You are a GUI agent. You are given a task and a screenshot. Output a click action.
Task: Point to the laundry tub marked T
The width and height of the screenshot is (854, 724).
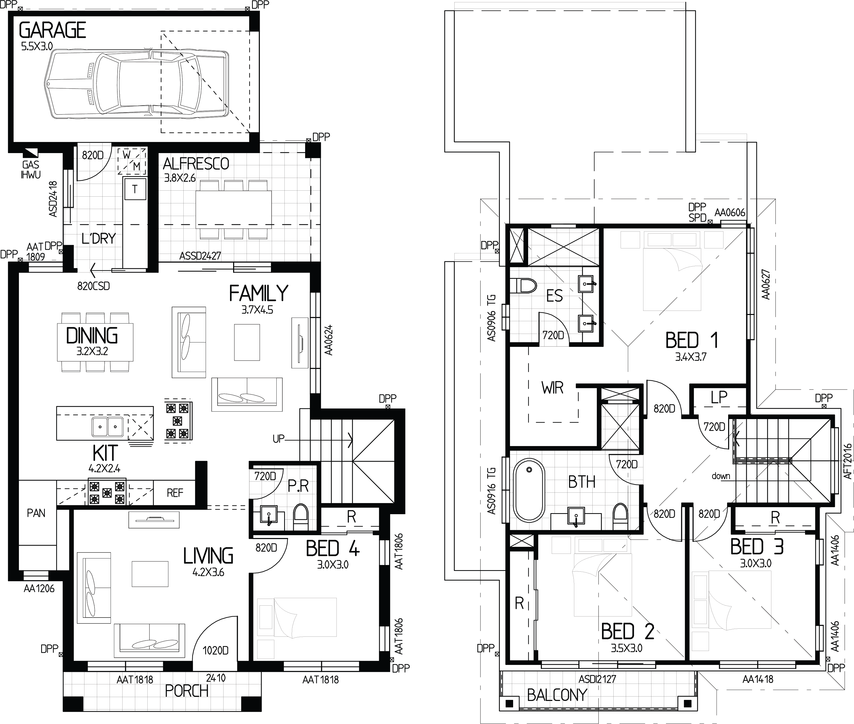pos(135,189)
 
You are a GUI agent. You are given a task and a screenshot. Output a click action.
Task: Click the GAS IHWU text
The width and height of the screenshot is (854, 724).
pos(31,169)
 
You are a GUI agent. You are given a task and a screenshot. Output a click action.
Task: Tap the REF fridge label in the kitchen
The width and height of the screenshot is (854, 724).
pos(175,492)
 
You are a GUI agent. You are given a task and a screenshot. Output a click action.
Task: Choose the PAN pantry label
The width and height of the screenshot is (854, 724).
pos(36,513)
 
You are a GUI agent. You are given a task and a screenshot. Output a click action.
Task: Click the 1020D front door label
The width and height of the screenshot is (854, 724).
pos(216,650)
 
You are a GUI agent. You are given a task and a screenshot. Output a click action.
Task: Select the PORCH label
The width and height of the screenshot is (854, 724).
pos(187,691)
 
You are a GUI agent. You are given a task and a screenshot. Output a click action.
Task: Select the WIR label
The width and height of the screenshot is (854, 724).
pos(552,388)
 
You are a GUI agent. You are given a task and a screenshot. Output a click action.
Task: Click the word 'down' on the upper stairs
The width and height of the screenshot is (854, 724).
pos(721,476)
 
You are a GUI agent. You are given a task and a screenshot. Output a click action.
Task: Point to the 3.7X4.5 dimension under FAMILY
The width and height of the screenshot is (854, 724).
pos(257,310)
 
